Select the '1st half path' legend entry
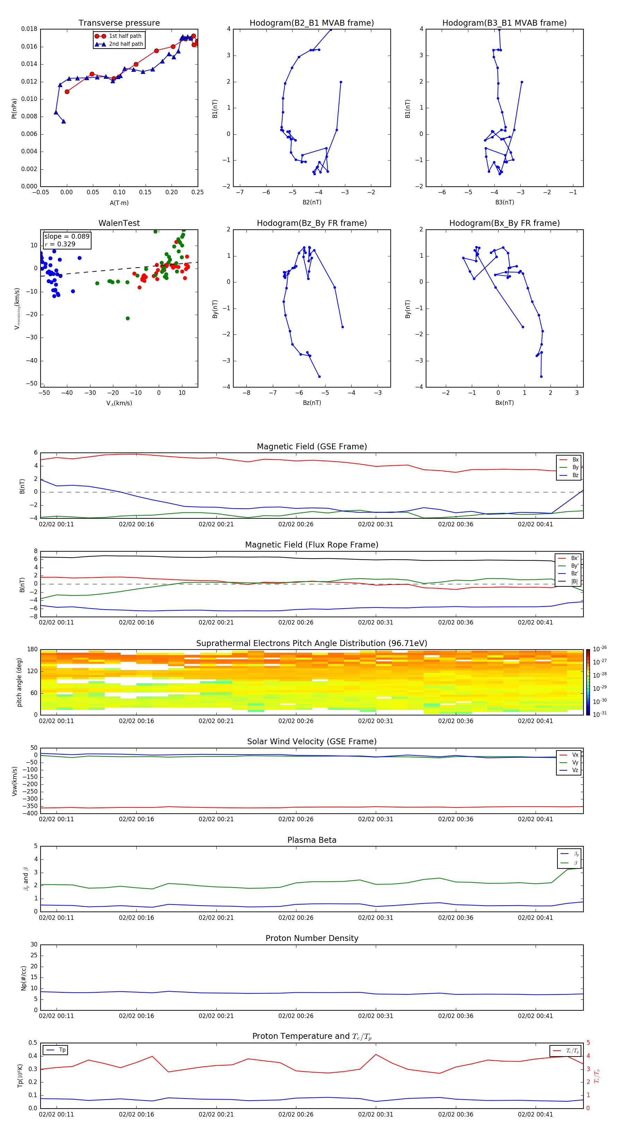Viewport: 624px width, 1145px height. pyautogui.click(x=125, y=36)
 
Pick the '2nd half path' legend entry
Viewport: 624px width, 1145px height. pyautogui.click(x=126, y=44)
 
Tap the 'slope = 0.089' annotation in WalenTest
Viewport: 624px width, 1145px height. pyautogui.click(x=67, y=237)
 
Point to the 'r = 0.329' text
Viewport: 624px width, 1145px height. pyautogui.click(x=60, y=244)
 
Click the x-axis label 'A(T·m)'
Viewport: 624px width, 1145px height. pyautogui.click(x=119, y=203)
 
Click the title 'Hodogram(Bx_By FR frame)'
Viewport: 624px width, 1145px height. pyautogui.click(x=504, y=223)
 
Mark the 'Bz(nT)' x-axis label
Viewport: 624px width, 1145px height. pyautogui.click(x=312, y=403)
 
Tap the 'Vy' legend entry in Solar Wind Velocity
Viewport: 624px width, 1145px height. pyautogui.click(x=575, y=762)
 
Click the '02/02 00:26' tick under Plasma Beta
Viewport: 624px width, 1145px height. pyautogui.click(x=296, y=917)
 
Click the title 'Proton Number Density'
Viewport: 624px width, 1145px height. pyautogui.click(x=312, y=938)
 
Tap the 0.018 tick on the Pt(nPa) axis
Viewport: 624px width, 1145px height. pyautogui.click(x=29, y=29)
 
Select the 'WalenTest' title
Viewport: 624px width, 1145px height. pyautogui.click(x=119, y=223)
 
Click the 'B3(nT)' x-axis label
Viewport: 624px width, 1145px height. pyautogui.click(x=504, y=202)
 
